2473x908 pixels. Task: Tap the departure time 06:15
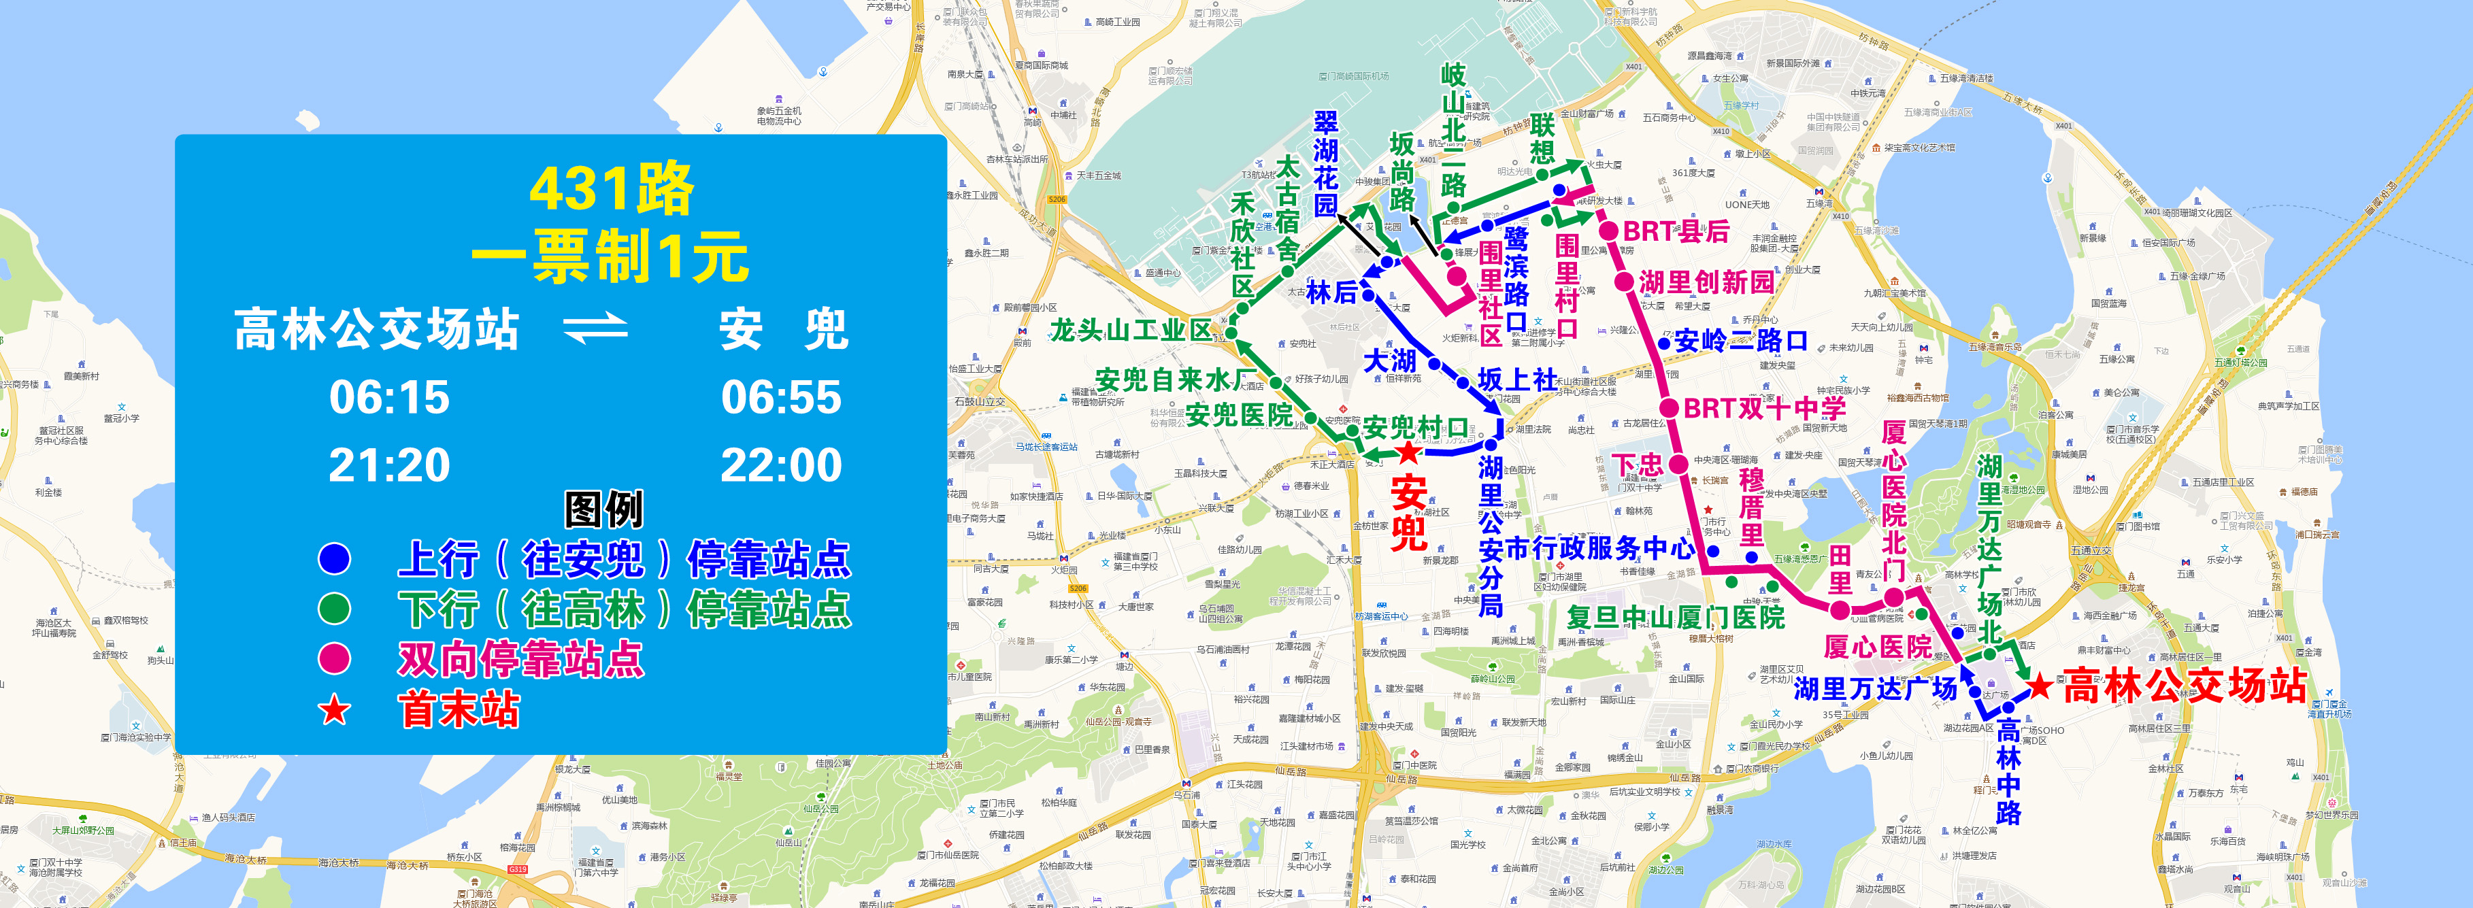(x=388, y=397)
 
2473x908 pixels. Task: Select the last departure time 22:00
(x=780, y=465)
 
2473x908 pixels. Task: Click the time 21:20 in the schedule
(x=388, y=465)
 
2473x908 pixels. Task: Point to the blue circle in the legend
(x=334, y=558)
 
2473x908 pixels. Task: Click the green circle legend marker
(x=334, y=609)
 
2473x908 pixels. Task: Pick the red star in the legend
(x=334, y=710)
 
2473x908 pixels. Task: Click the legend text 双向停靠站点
(x=520, y=659)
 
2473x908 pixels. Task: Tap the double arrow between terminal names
(x=595, y=329)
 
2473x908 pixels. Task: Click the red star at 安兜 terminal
(x=1408, y=452)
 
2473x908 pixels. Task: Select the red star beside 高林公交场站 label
(x=2039, y=686)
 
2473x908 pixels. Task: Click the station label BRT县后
(x=1675, y=231)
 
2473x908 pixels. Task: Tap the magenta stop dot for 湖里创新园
(x=1623, y=281)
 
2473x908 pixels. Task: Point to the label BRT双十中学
(x=1765, y=408)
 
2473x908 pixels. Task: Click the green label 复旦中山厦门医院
(x=1675, y=617)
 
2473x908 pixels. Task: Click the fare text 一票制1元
(x=610, y=257)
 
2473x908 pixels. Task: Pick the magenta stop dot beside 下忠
(x=1678, y=465)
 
